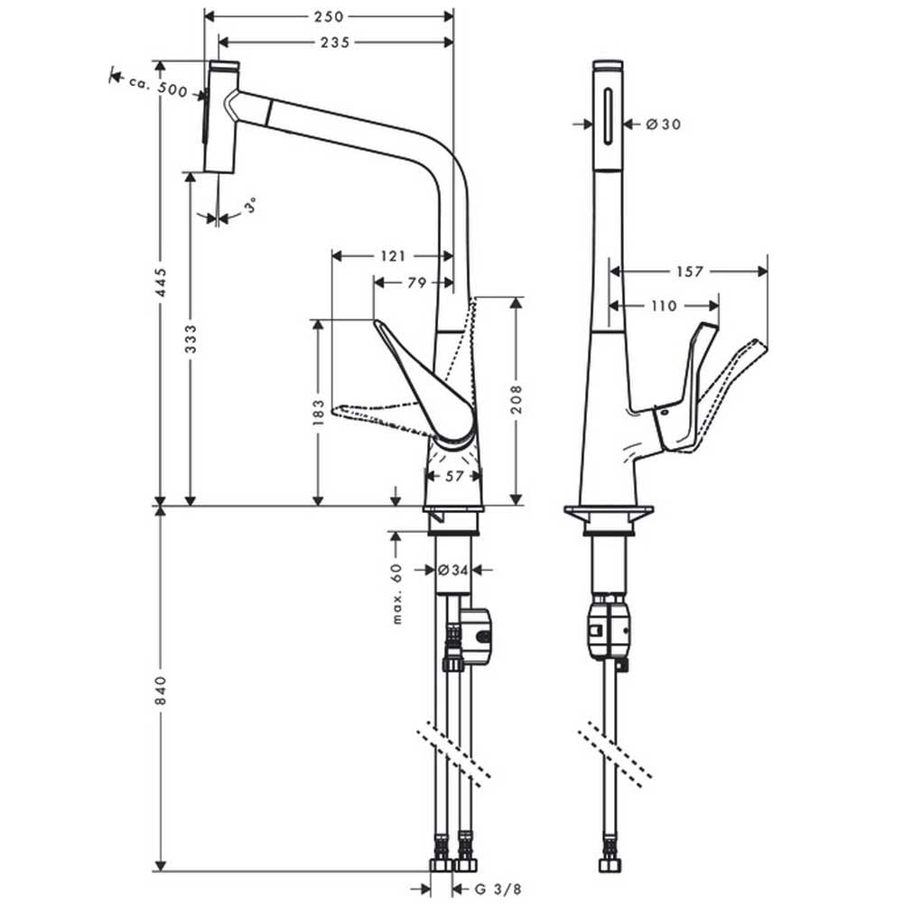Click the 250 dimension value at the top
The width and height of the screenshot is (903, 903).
(329, 16)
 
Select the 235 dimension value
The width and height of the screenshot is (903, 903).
(335, 42)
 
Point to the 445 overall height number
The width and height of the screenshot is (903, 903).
(162, 282)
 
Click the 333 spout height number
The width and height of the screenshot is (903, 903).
(191, 340)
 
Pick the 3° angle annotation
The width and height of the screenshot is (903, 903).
(250, 205)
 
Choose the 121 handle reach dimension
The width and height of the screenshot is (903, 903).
(394, 256)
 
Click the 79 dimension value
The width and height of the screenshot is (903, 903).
(417, 283)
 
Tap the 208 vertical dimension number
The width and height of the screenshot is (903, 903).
(517, 400)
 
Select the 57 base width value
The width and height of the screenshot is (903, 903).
(454, 476)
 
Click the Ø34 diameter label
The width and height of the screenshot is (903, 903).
(452, 570)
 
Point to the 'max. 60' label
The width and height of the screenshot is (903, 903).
(396, 594)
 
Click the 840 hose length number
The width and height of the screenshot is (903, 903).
(162, 691)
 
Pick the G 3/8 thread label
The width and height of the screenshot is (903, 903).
(498, 889)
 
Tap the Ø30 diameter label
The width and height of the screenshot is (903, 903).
(663, 124)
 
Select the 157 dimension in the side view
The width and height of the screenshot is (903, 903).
(689, 271)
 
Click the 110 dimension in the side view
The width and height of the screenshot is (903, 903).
(664, 306)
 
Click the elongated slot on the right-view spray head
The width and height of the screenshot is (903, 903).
(608, 116)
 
